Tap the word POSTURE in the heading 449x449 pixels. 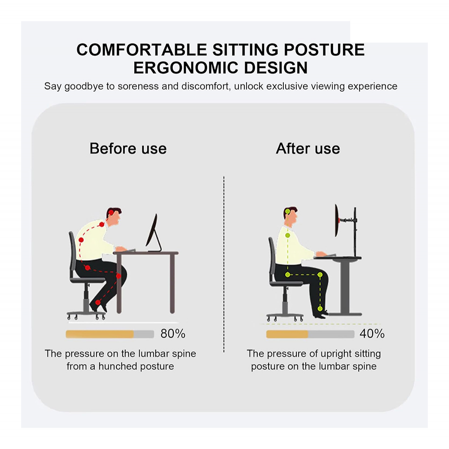point(324,49)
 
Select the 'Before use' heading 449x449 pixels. point(128,148)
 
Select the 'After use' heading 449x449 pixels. point(308,148)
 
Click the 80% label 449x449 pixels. point(173,334)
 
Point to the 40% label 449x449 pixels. point(372,334)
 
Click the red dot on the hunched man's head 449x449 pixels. point(111,212)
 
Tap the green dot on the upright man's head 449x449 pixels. point(287,211)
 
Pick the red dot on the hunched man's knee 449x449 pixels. point(119,276)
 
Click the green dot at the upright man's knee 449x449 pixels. point(320,275)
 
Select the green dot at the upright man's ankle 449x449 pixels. point(320,309)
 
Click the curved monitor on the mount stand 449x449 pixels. point(336,220)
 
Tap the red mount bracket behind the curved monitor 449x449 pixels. point(340,220)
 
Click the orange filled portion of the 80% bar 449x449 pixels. point(100,334)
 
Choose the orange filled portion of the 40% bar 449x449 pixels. point(287,334)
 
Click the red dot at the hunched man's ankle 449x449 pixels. point(98,302)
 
